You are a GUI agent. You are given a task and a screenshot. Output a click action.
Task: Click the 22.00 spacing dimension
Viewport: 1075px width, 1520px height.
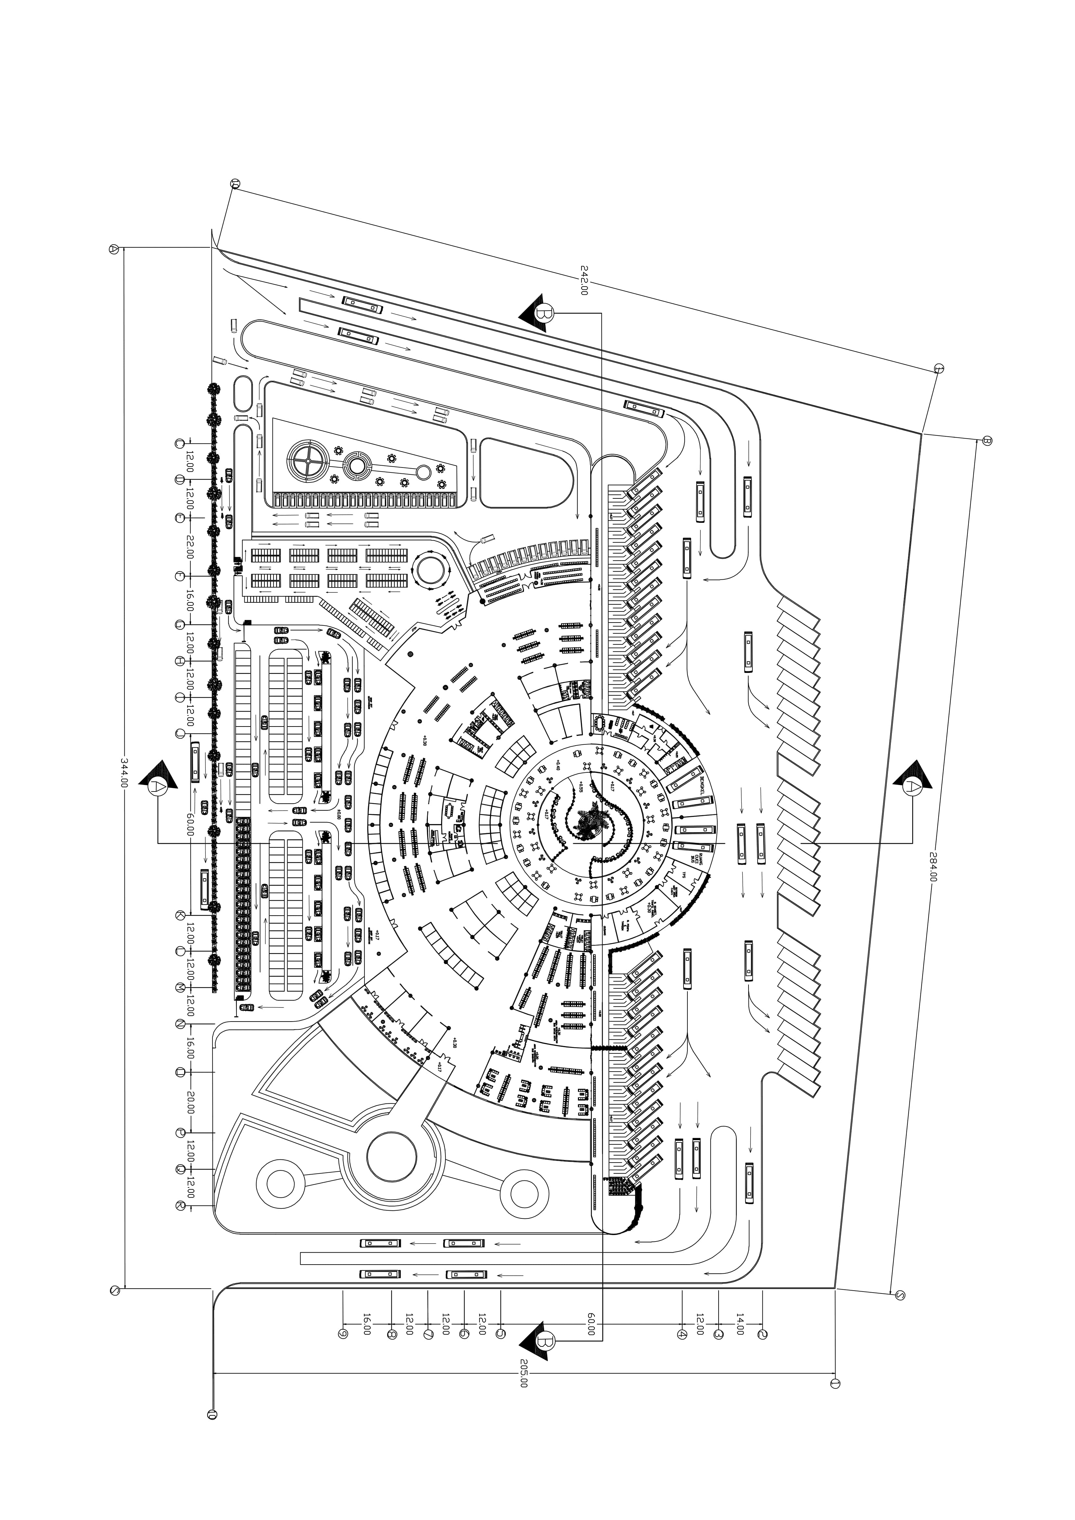(x=190, y=547)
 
